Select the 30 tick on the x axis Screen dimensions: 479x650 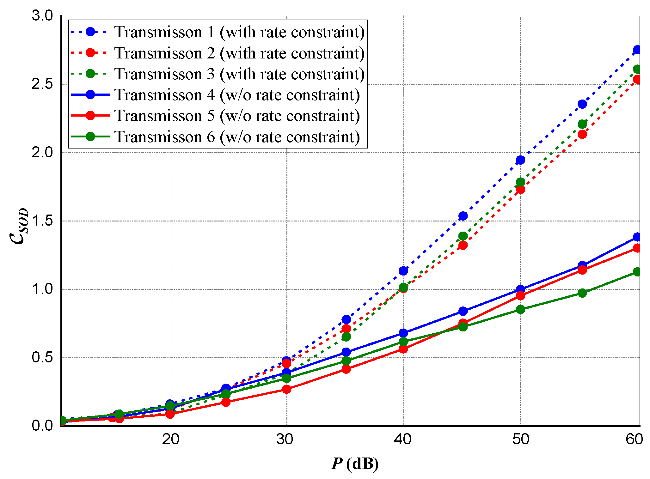click(x=286, y=439)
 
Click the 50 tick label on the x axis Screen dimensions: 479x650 click(x=520, y=439)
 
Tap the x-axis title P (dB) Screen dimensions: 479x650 click(x=355, y=464)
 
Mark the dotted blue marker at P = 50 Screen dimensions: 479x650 click(x=520, y=160)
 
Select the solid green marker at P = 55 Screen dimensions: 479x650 click(x=582, y=293)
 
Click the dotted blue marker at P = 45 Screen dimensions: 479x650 click(x=463, y=216)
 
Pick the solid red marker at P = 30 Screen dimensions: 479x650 click(x=286, y=389)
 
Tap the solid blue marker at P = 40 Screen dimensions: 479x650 click(x=403, y=333)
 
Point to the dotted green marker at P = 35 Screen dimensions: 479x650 click(x=346, y=337)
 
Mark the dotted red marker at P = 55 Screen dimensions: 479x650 click(x=582, y=134)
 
